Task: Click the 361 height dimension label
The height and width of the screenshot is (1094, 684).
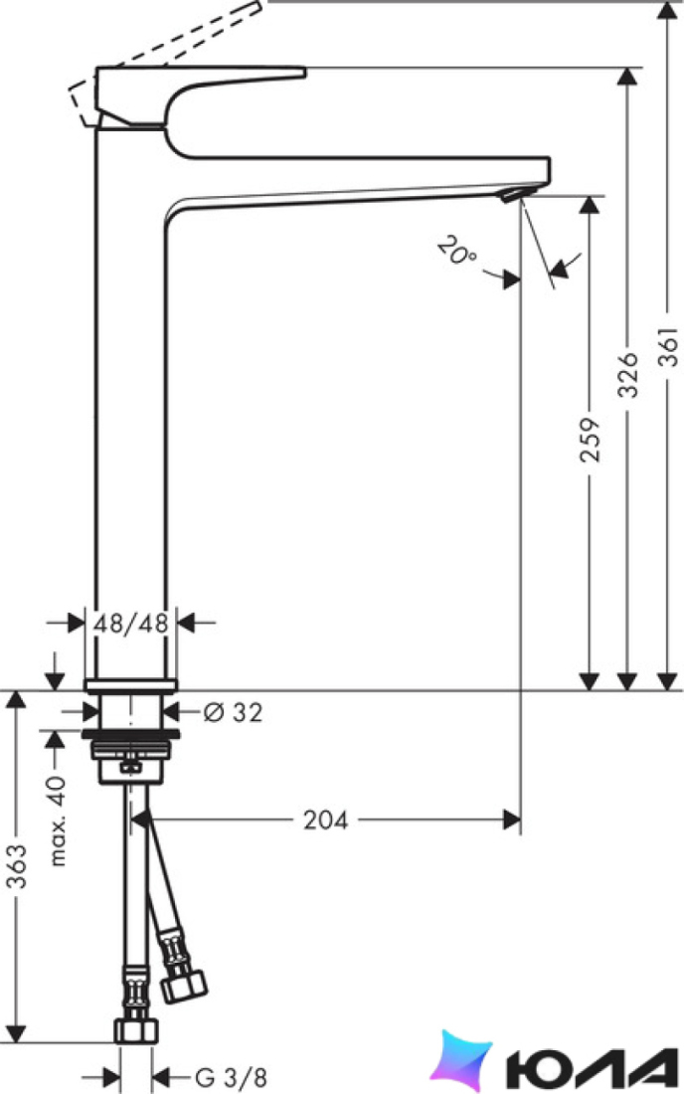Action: [669, 347]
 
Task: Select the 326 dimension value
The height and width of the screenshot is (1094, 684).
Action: [628, 375]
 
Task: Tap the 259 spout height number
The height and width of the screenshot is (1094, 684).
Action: [590, 441]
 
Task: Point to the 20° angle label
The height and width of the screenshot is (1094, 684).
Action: [456, 252]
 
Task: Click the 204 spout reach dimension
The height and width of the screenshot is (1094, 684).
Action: [325, 820]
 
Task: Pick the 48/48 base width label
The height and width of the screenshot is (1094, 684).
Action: [131, 623]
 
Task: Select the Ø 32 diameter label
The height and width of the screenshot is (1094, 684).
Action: [233, 712]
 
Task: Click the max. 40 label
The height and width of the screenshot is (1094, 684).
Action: [59, 820]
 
